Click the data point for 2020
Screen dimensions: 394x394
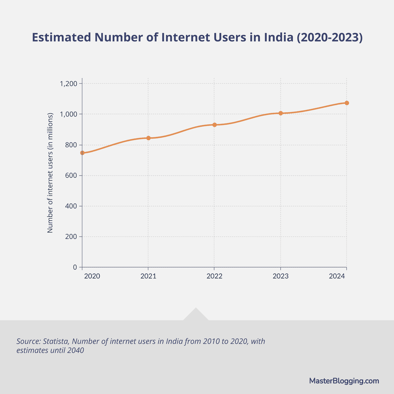[x=82, y=153]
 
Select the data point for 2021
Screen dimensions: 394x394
[x=148, y=138]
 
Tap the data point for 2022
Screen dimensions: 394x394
[x=214, y=125]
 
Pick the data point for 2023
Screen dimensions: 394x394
[x=280, y=113]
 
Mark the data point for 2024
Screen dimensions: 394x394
[x=347, y=103]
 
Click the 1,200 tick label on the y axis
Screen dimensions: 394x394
[x=68, y=84]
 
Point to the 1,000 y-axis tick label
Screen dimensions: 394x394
[x=68, y=114]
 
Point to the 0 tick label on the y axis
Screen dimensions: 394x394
[x=75, y=267]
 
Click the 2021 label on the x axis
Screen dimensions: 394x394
[x=148, y=276]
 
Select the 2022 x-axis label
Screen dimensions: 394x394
[x=214, y=276]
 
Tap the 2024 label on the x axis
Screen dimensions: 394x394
[x=337, y=276]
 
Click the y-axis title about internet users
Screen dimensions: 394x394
[x=50, y=173]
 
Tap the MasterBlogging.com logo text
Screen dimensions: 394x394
[x=344, y=381]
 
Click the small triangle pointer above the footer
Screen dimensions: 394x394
[x=196, y=315]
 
